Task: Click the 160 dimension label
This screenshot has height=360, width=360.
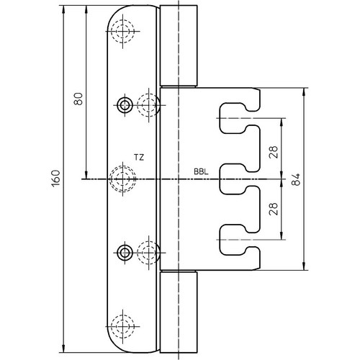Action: [55, 179]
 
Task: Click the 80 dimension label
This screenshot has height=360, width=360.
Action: [78, 99]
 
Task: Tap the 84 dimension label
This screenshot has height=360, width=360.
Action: [296, 179]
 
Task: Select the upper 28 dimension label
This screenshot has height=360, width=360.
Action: [274, 152]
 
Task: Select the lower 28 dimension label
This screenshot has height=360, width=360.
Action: [274, 209]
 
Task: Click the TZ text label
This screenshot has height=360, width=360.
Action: [139, 158]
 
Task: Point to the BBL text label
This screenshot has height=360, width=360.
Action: [201, 172]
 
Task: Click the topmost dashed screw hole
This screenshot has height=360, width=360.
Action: [122, 31]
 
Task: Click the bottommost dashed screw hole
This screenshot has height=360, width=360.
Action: [122, 326]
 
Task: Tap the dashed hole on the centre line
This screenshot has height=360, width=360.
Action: [122, 179]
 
